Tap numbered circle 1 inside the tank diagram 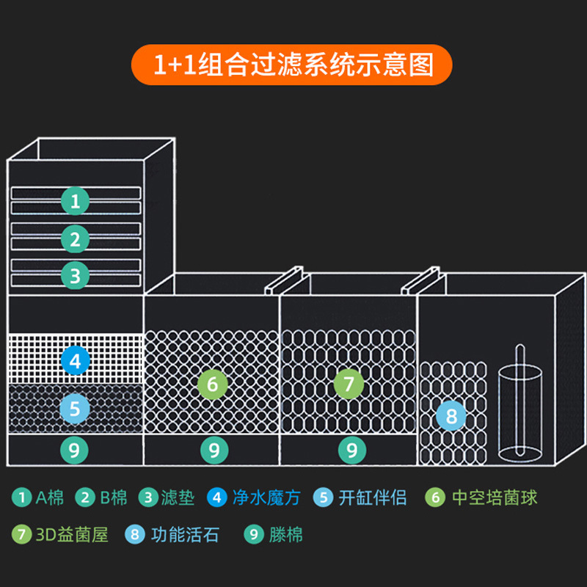(x=75, y=200)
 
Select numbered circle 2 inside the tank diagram (x=75, y=238)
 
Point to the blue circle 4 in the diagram (x=75, y=360)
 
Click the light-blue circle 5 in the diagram (x=75, y=408)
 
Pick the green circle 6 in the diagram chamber (x=213, y=383)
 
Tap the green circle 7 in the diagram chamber (x=349, y=383)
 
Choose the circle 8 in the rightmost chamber (x=451, y=417)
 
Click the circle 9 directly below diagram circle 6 (x=213, y=449)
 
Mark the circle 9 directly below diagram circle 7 (x=351, y=449)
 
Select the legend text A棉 (x=50, y=497)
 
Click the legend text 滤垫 (x=179, y=497)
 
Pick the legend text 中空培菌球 (x=494, y=497)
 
